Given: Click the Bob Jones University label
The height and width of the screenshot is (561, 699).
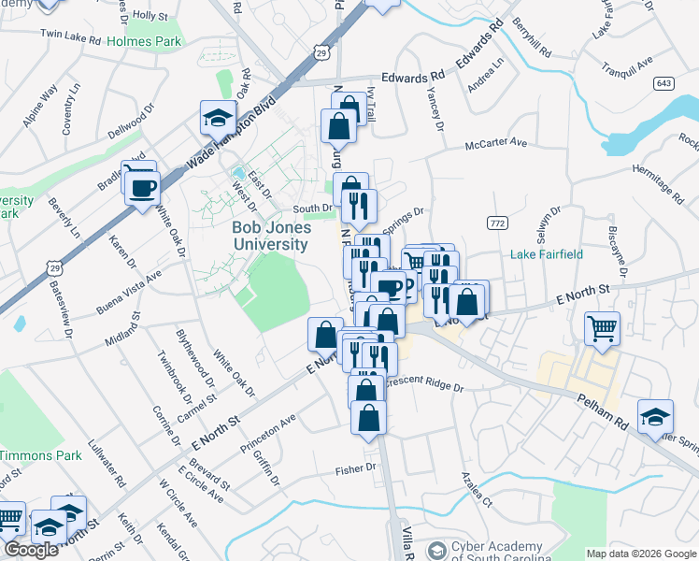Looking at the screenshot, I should (x=270, y=236).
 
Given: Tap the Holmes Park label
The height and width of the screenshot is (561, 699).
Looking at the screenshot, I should (x=144, y=41).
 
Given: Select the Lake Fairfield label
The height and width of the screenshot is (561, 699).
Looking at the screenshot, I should (x=547, y=254).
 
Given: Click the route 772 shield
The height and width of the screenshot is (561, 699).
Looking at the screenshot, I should (x=496, y=222).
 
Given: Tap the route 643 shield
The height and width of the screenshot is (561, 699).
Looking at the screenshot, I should (x=664, y=83).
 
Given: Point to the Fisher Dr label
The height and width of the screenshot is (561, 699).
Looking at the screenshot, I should (x=357, y=467).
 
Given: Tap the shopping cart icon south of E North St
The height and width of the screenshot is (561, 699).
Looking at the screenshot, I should (x=603, y=328).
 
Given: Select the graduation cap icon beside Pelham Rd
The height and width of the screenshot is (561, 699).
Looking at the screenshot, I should (x=655, y=416).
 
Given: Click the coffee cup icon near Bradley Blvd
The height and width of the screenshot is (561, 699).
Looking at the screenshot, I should (x=142, y=188).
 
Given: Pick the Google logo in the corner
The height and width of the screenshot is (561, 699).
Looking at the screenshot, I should (x=31, y=550).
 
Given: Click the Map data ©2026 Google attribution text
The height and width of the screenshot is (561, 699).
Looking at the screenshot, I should (x=641, y=554).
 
